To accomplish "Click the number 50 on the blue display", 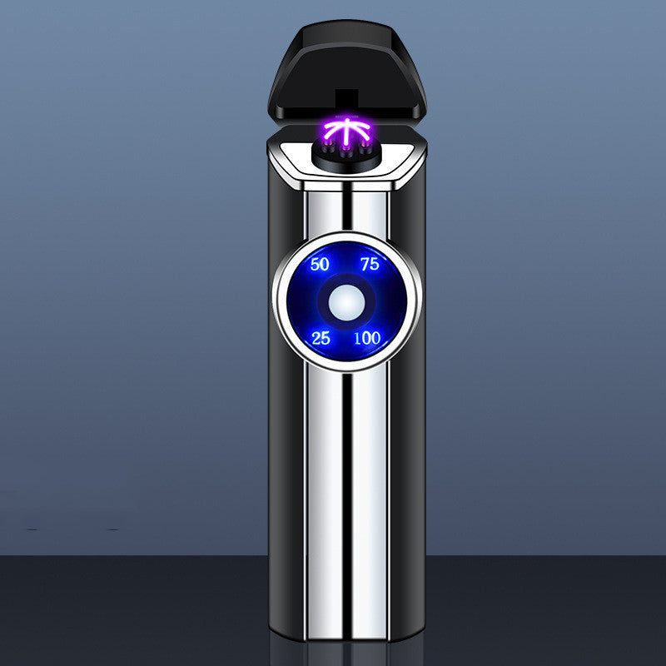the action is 320,264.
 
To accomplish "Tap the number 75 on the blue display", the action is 370,264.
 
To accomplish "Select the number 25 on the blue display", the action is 321,338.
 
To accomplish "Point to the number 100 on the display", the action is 367,338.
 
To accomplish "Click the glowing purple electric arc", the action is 346,130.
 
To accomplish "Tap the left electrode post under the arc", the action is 328,149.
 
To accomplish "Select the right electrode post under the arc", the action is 365,149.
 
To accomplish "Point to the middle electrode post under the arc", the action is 346,152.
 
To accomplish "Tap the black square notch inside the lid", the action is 346,101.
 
